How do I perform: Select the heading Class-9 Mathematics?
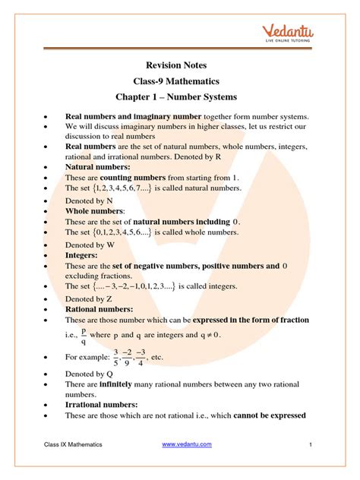click(x=179, y=81)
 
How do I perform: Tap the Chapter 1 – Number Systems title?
click(x=179, y=97)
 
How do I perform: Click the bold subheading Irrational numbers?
click(x=103, y=405)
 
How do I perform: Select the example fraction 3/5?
click(x=116, y=356)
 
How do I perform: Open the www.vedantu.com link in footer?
click(x=187, y=444)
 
